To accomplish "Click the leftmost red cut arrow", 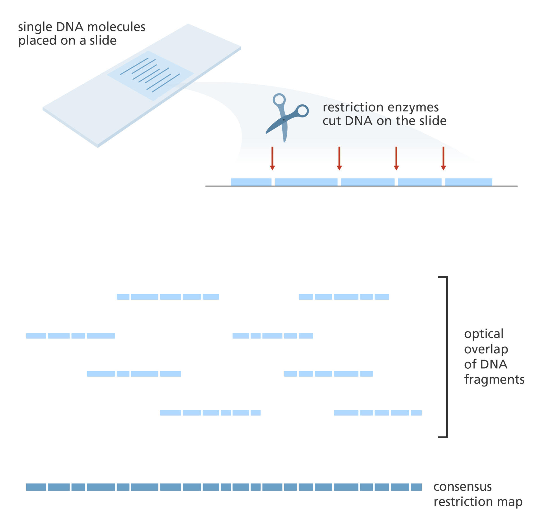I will [272, 158].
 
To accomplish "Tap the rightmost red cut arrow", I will [443, 158].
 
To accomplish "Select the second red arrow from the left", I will [339, 158].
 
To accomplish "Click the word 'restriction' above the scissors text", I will [353, 108].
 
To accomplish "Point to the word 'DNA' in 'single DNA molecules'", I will [70, 27].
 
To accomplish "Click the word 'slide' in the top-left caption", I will [103, 41].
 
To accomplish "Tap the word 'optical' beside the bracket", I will [484, 334].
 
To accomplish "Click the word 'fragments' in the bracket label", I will [494, 379].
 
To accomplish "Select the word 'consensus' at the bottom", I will [462, 487].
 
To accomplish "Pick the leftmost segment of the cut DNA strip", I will [251, 182].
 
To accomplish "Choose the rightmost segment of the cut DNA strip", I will [469, 182].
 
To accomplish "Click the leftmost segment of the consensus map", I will [36, 487].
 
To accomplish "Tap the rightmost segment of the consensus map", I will [416, 487].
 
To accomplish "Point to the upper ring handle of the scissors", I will [279, 100].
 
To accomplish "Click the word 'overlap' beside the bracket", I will [486, 349].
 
